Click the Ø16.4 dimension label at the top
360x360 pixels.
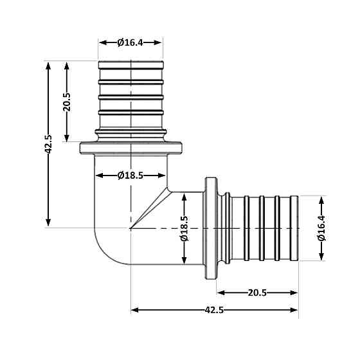130,42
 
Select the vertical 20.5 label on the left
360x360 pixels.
67,102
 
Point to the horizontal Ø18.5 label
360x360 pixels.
130,175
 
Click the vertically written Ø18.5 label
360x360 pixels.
184,228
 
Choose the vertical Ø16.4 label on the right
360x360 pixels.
321,228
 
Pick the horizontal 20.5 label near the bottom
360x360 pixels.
257,292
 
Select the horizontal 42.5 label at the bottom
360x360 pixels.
214,310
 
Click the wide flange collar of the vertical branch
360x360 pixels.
130,148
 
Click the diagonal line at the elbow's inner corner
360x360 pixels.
149,210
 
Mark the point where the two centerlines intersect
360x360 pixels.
130,228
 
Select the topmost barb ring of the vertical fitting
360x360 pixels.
130,65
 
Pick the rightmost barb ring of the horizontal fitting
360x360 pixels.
294,228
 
